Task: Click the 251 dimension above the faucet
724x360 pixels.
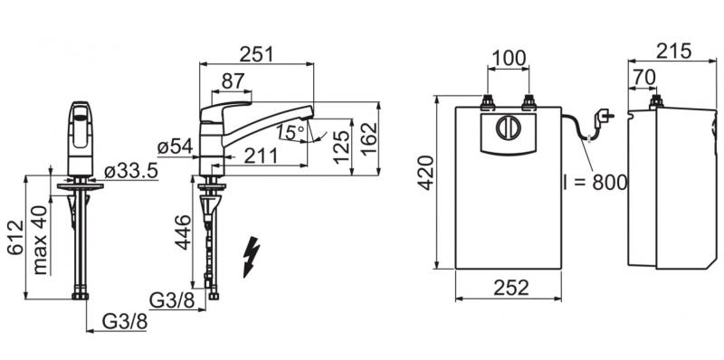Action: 257,54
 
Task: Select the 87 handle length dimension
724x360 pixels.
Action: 233,81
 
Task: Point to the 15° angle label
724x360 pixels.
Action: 291,132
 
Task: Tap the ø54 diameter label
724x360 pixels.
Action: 175,147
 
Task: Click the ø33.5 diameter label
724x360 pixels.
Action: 131,171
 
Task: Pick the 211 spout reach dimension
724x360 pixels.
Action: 261,156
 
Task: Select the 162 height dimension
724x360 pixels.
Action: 369,139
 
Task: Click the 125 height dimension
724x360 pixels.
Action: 342,147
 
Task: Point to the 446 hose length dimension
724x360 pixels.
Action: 183,232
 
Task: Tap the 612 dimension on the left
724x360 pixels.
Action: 14,237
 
